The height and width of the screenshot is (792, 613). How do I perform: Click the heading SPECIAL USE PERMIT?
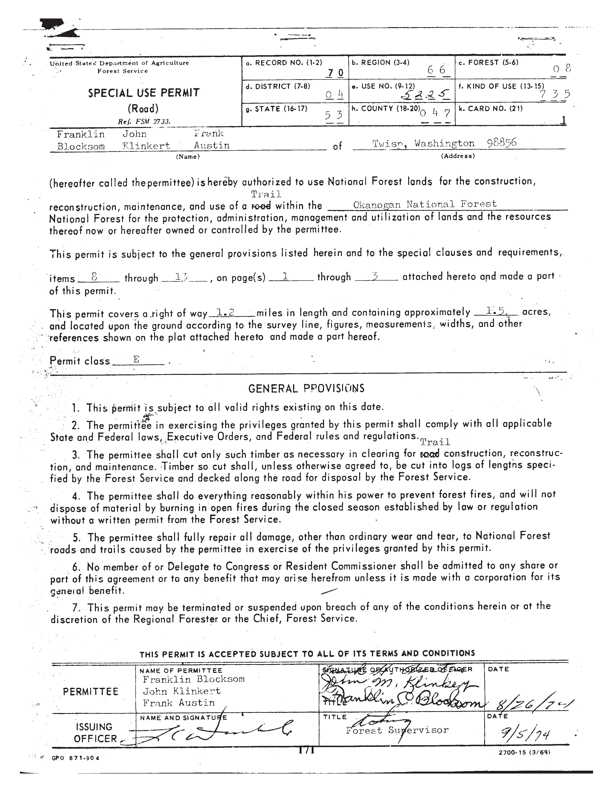tap(144, 93)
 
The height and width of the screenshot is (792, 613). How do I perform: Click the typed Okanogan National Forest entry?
tap(425, 204)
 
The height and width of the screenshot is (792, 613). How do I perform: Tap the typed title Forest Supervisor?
tap(397, 730)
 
